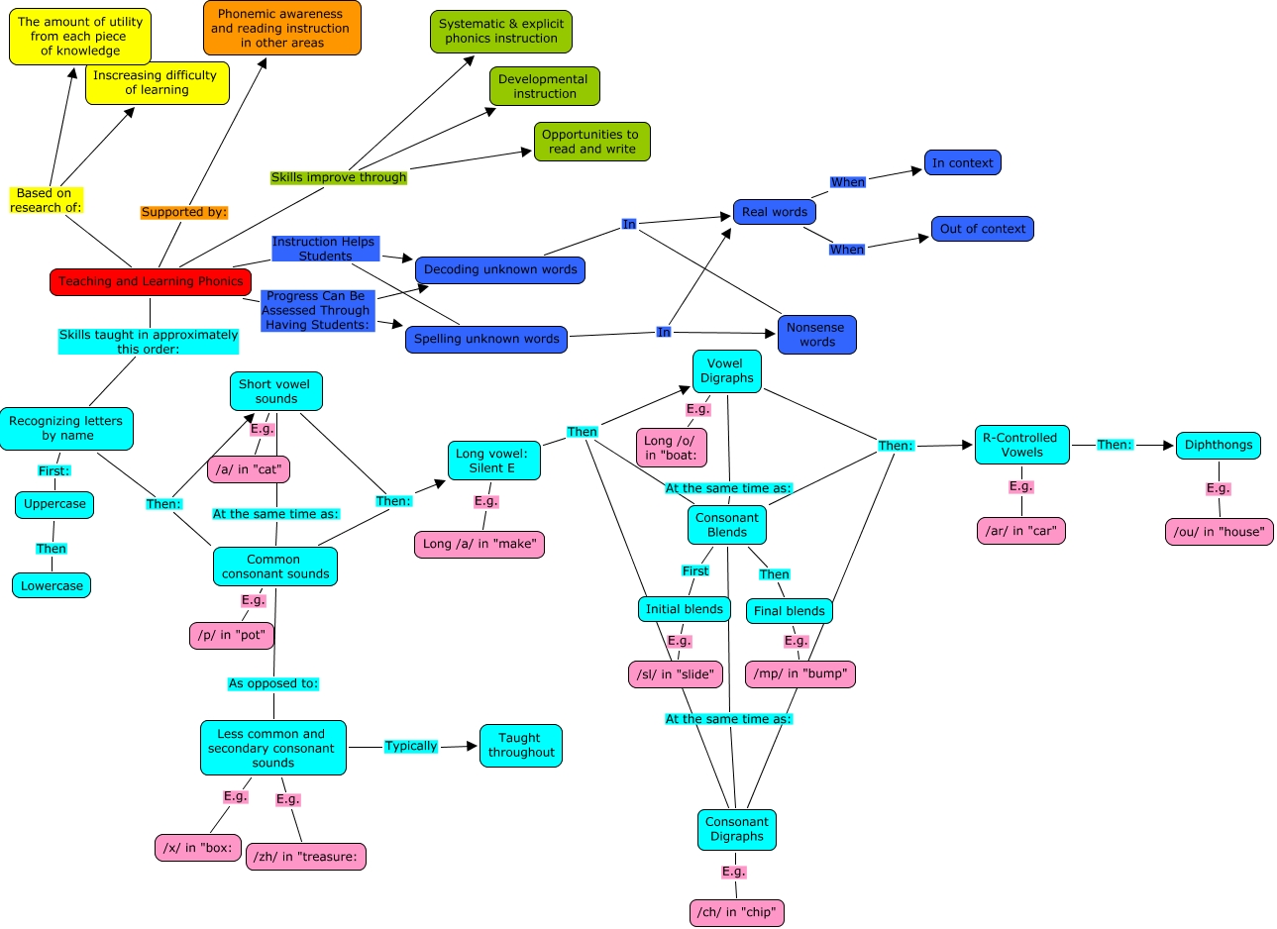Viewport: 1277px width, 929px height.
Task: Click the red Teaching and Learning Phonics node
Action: pos(151,281)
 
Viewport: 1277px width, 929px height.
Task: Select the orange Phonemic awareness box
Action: pos(282,28)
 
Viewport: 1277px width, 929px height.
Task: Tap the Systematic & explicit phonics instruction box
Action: pos(501,31)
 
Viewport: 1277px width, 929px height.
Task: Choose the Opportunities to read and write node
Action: pos(591,142)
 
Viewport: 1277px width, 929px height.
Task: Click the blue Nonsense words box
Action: pos(816,335)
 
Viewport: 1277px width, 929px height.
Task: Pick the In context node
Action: pos(962,162)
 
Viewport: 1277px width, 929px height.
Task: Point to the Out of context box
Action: pos(982,229)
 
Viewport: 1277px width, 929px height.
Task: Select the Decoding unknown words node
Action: pos(500,269)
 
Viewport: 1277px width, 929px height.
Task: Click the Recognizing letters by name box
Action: pos(66,428)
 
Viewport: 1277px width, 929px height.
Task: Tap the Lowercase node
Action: pos(53,585)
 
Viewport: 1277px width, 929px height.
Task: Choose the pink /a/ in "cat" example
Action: pos(249,469)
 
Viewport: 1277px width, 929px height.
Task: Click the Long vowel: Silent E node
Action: pos(493,461)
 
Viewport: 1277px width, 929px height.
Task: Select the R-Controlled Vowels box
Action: pos(1021,445)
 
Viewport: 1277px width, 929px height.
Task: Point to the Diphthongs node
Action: pos(1218,445)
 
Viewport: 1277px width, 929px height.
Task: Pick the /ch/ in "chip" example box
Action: pos(737,912)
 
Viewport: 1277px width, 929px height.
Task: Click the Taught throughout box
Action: pos(520,745)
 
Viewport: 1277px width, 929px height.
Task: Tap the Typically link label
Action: pos(411,746)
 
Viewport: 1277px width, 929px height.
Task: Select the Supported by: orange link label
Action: pos(184,212)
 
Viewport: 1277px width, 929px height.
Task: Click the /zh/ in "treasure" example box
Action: pos(305,857)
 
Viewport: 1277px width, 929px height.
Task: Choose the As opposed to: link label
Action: pos(273,683)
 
